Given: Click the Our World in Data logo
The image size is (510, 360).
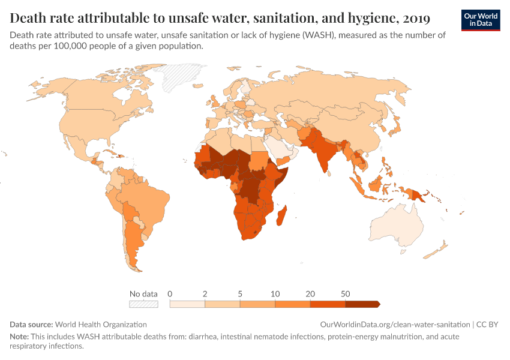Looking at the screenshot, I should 480,20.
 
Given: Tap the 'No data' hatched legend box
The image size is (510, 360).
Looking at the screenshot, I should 143,304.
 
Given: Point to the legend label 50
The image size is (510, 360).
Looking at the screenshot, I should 346,294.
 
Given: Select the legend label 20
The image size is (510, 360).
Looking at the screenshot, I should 310,294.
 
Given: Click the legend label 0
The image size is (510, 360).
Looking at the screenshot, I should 170,294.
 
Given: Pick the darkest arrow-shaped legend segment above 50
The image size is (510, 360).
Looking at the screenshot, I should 362,304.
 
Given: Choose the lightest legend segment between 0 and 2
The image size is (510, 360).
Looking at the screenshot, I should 188,304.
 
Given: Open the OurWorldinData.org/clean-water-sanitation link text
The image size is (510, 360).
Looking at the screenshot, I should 395,324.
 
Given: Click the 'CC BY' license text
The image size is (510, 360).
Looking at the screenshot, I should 488,324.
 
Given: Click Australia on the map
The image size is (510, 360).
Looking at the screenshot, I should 398,224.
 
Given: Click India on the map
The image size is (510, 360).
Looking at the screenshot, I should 325,153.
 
